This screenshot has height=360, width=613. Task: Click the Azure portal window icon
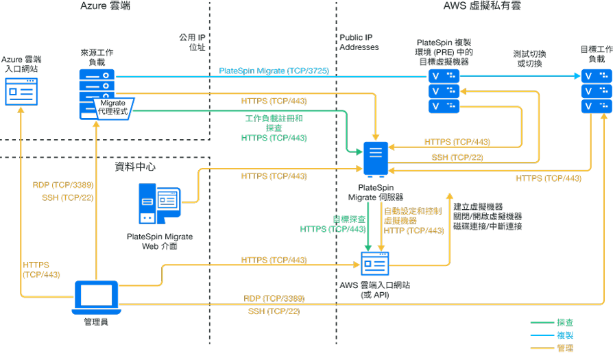click(x=21, y=91)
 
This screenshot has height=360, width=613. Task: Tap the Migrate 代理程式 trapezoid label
click(x=113, y=106)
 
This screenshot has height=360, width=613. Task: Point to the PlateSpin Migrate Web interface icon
click(x=159, y=203)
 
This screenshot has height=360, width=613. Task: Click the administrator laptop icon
click(x=95, y=297)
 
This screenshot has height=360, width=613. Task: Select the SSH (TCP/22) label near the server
click(x=457, y=158)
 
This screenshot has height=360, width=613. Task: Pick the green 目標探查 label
click(x=349, y=219)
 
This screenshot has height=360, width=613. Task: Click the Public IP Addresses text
click(x=359, y=43)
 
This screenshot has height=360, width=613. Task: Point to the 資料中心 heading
click(x=134, y=167)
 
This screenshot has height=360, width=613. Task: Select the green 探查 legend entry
click(x=565, y=322)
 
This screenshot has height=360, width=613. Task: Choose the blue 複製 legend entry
click(x=565, y=335)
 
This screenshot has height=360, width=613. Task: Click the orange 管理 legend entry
click(x=565, y=348)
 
